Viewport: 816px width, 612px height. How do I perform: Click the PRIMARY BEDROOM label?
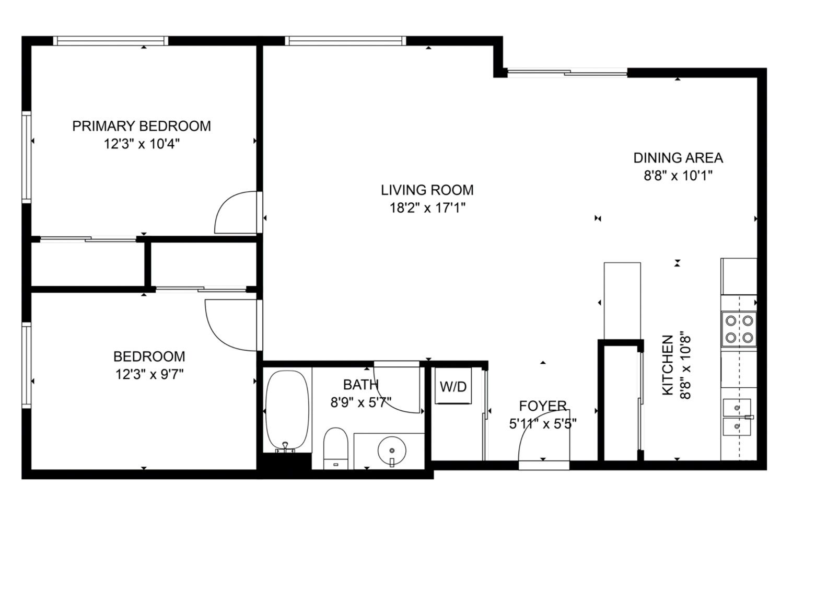[x=141, y=126]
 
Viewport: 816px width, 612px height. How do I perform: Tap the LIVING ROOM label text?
[x=427, y=190]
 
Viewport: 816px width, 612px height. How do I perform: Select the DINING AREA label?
[x=678, y=158]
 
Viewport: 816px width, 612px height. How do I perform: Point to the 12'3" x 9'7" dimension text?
[x=149, y=374]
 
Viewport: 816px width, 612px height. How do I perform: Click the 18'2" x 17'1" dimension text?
[x=427, y=207]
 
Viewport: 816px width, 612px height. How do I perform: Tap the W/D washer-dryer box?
[x=453, y=386]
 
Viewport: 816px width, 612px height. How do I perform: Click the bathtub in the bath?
[x=287, y=411]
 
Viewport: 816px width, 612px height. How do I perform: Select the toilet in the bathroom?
[x=335, y=448]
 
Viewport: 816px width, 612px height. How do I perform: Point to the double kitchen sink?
[x=737, y=417]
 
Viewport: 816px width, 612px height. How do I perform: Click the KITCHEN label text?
[x=668, y=365]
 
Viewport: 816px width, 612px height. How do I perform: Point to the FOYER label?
[x=543, y=406]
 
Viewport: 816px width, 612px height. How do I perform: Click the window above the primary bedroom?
[x=110, y=41]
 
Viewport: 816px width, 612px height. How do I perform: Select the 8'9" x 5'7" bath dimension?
[x=361, y=402]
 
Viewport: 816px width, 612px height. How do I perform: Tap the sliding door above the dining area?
[x=567, y=73]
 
